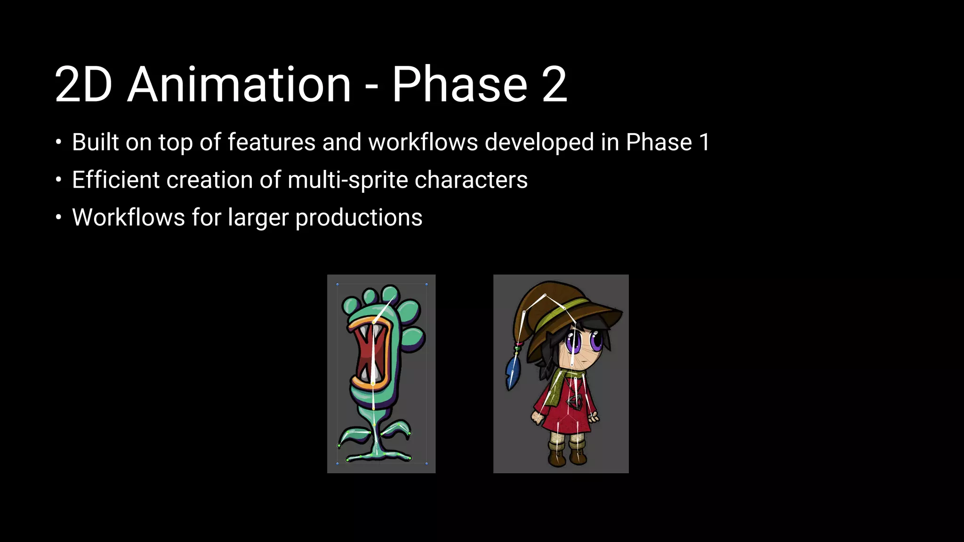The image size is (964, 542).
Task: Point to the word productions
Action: click(x=359, y=218)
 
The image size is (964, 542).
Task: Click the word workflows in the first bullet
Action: click(x=423, y=142)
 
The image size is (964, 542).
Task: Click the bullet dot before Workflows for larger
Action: click(x=58, y=217)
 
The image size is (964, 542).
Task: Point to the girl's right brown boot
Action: click(x=578, y=454)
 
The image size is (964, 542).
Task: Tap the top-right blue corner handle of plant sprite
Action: click(x=426, y=285)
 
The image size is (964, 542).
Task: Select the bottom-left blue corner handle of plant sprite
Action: click(x=337, y=463)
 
